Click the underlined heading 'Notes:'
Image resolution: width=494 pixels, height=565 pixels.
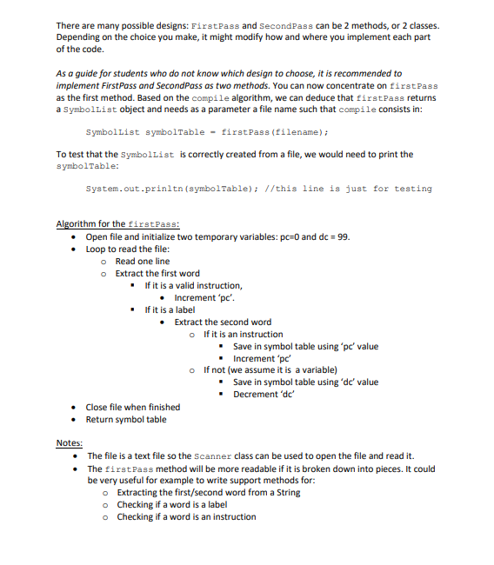point(69,443)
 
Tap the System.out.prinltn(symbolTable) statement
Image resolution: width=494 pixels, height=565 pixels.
point(169,189)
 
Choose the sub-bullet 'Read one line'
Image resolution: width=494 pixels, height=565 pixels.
point(142,261)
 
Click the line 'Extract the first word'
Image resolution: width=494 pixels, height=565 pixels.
point(157,273)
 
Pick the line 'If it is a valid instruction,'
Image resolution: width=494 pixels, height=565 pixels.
point(193,285)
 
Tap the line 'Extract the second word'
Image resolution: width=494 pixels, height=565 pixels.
point(222,322)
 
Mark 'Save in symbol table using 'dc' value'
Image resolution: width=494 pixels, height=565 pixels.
point(305,382)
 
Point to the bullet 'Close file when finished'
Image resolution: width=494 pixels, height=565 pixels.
point(132,407)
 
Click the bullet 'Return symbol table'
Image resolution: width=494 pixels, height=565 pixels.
point(125,419)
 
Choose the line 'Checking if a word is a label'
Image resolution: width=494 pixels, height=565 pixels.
point(171,504)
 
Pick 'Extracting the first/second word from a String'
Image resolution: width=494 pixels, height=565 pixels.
point(208,492)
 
